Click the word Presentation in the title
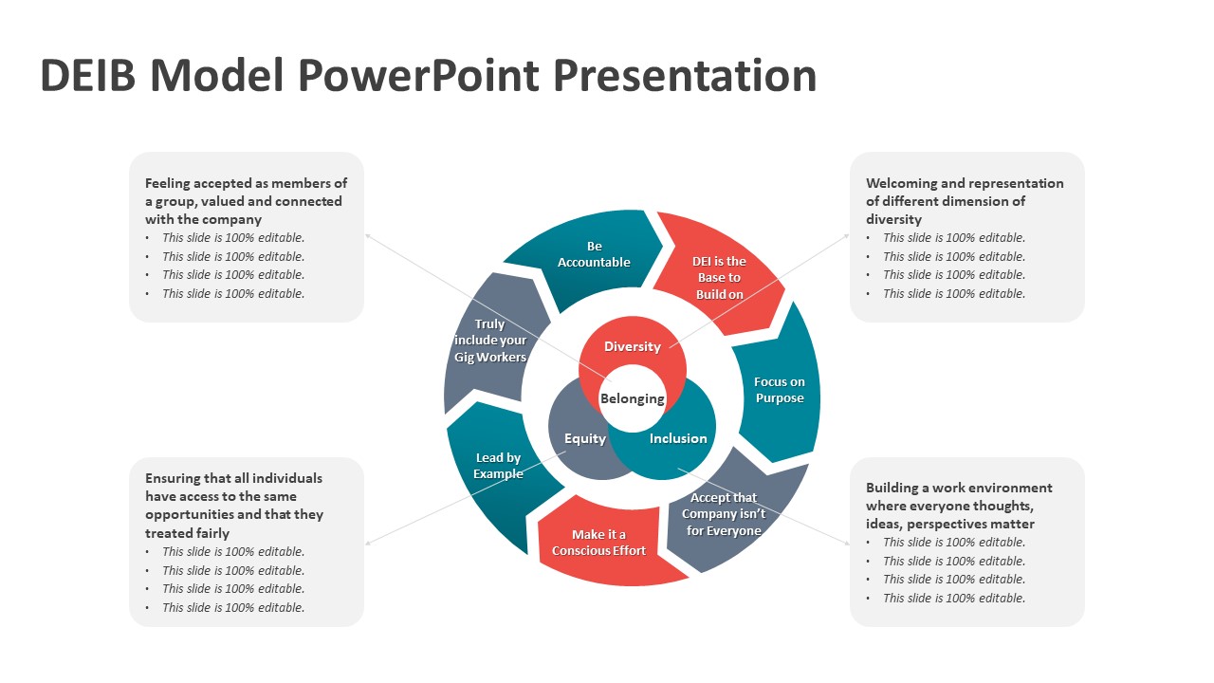(684, 75)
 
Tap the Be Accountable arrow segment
(594, 254)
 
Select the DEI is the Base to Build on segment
(720, 277)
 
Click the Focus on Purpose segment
(780, 390)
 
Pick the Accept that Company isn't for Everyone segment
(724, 514)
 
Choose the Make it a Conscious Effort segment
(598, 543)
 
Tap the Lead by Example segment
(498, 466)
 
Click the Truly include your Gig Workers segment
(489, 341)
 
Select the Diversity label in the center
(632, 346)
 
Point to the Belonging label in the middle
(633, 398)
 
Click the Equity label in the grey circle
(584, 438)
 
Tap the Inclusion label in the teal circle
(678, 438)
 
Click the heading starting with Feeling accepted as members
(246, 201)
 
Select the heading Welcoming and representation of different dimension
(965, 201)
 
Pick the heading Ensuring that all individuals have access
(234, 506)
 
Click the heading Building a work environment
(959, 506)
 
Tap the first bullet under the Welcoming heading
(953, 238)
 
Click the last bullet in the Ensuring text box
(233, 608)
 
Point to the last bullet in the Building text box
(953, 599)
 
